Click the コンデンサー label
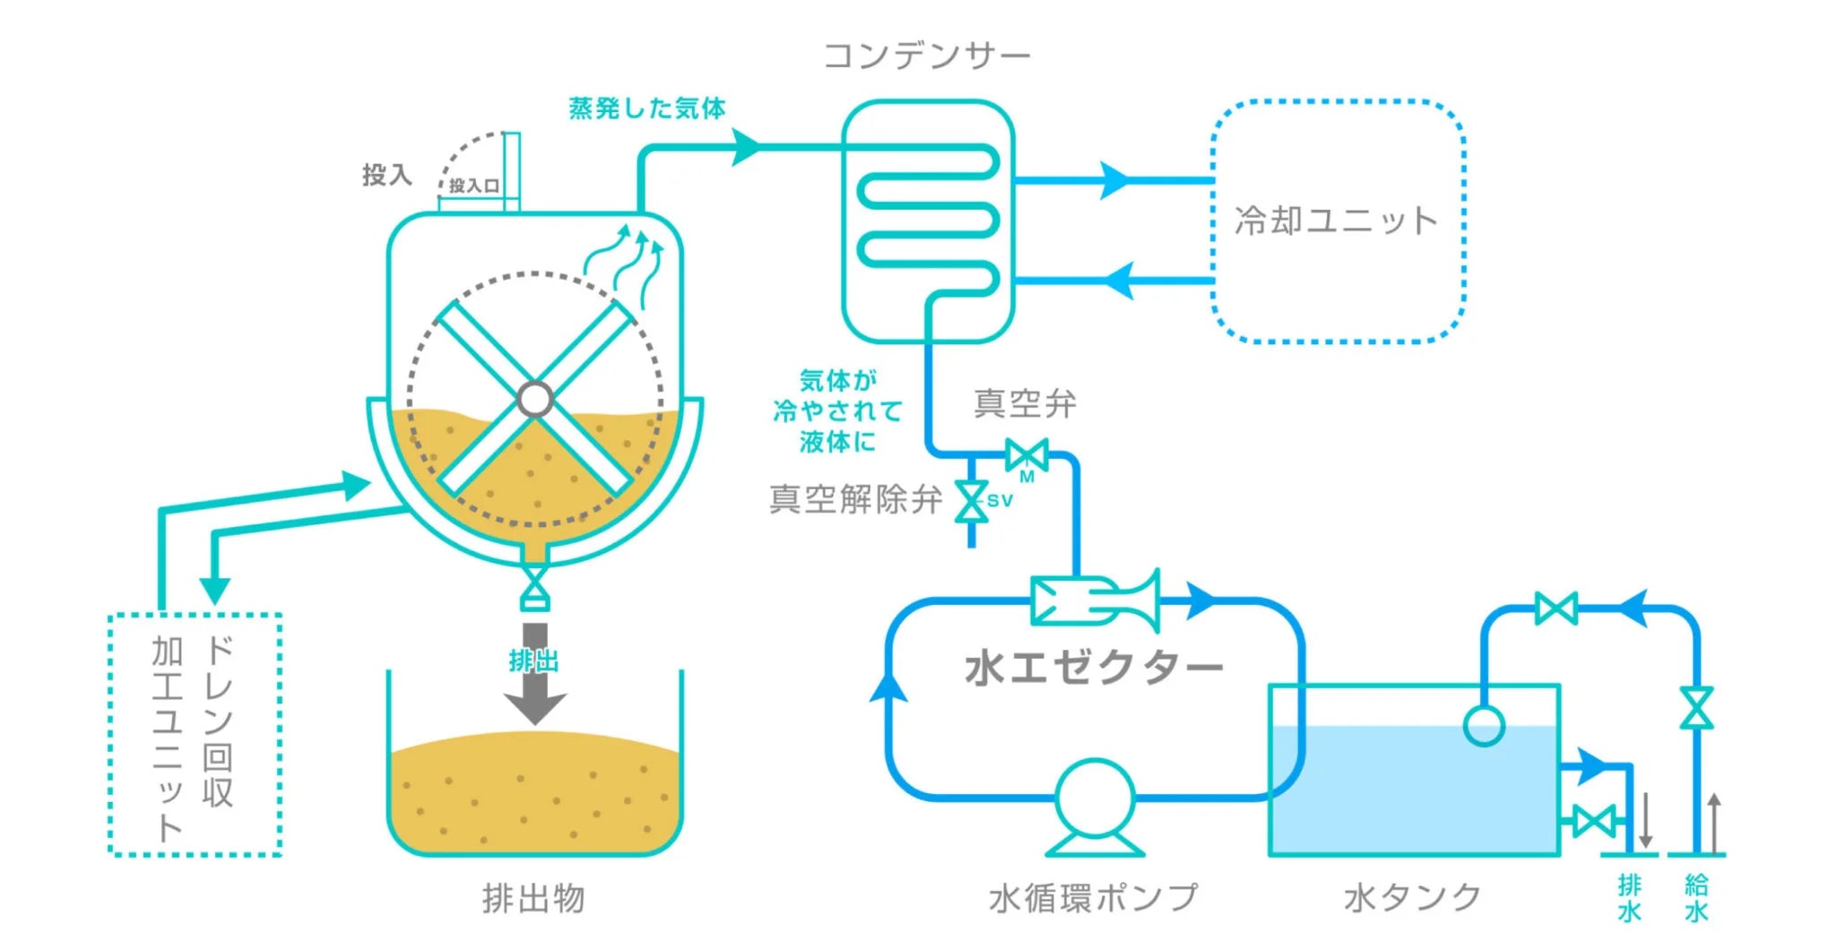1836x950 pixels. coord(927,56)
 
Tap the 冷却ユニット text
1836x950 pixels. coord(1336,220)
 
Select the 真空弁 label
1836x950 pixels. coord(1025,403)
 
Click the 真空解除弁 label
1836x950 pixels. coord(855,499)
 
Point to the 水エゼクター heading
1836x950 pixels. coord(1094,668)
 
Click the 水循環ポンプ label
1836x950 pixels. coord(1093,897)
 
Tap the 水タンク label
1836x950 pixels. coord(1412,897)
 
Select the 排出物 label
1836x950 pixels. coord(533,897)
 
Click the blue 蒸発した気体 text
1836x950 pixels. coord(647,108)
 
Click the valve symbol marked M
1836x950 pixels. coord(1026,455)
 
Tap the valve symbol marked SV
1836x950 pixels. coord(972,501)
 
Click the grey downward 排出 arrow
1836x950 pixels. coord(534,674)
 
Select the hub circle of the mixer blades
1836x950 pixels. coord(535,399)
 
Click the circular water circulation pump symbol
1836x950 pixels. coord(1095,798)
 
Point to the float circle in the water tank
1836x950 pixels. coord(1484,725)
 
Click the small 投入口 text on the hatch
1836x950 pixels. coord(474,186)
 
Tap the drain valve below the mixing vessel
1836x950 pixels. coord(535,586)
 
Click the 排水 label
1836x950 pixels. coord(1629,898)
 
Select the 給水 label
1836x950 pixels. coord(1696,898)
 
